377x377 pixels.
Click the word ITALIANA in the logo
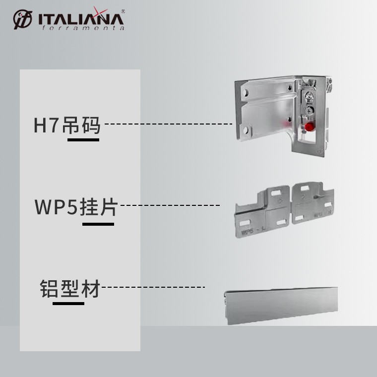[x=79, y=19]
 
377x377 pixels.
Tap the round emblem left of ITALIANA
[x=22, y=20]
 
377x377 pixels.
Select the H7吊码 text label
[x=67, y=126]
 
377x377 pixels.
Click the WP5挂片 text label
[x=76, y=207]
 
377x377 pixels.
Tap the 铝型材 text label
[x=69, y=289]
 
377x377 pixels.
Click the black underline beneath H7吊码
[x=83, y=139]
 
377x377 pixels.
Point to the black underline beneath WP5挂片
[x=98, y=224]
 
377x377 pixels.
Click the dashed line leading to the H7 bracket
[x=169, y=124]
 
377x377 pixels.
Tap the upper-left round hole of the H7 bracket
[x=247, y=93]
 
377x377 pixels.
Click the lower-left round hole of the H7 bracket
[x=245, y=130]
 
